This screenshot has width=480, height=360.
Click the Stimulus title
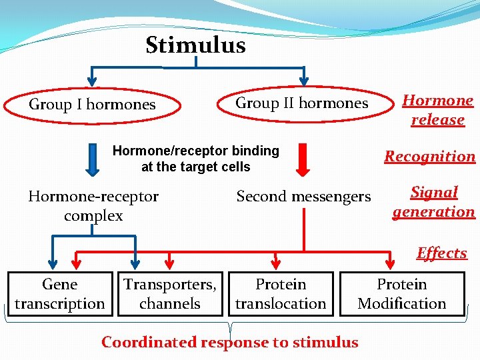(195, 45)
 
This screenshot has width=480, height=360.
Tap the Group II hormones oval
(302, 104)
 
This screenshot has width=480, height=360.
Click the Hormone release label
(437, 110)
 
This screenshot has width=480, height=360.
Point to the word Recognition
(429, 157)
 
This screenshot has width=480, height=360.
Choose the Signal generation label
(433, 202)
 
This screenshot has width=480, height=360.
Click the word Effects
(441, 253)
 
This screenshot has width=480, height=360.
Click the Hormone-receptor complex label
(93, 206)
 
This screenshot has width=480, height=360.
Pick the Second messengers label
(303, 197)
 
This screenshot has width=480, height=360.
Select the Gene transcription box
(60, 294)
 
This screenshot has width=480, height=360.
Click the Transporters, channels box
(169, 294)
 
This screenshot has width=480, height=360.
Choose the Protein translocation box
(281, 294)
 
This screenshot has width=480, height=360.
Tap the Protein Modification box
(401, 294)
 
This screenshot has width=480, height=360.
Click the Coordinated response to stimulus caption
(229, 343)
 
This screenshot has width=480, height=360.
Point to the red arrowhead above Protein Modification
(391, 263)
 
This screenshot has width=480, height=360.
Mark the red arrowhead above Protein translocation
(276, 263)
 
